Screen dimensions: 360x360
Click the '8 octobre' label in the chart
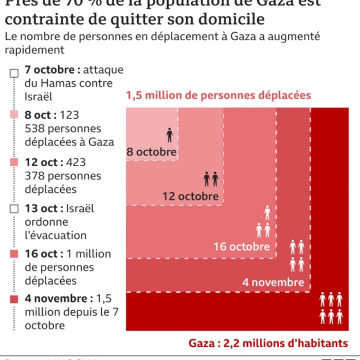(152, 152)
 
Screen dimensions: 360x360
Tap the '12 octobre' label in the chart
(190, 196)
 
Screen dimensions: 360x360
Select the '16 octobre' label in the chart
(242, 246)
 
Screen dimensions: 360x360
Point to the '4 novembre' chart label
(273, 282)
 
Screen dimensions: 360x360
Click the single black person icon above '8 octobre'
(170, 135)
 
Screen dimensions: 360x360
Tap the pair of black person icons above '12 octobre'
(211, 179)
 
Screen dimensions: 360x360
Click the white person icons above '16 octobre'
(264, 222)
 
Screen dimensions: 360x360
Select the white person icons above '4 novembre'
(297, 256)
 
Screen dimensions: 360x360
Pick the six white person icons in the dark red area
(331, 308)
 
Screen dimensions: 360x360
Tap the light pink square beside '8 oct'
(14, 116)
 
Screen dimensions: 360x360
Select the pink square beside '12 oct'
(14, 163)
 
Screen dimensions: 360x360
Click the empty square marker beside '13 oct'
(14, 209)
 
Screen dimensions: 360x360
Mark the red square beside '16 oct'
(14, 254)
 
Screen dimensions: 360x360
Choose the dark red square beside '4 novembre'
(14, 299)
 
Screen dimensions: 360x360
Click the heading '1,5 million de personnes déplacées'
(219, 96)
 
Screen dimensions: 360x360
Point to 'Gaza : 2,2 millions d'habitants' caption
(267, 343)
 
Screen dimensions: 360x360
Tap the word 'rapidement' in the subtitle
(35, 50)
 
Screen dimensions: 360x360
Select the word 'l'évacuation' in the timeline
(56, 236)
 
